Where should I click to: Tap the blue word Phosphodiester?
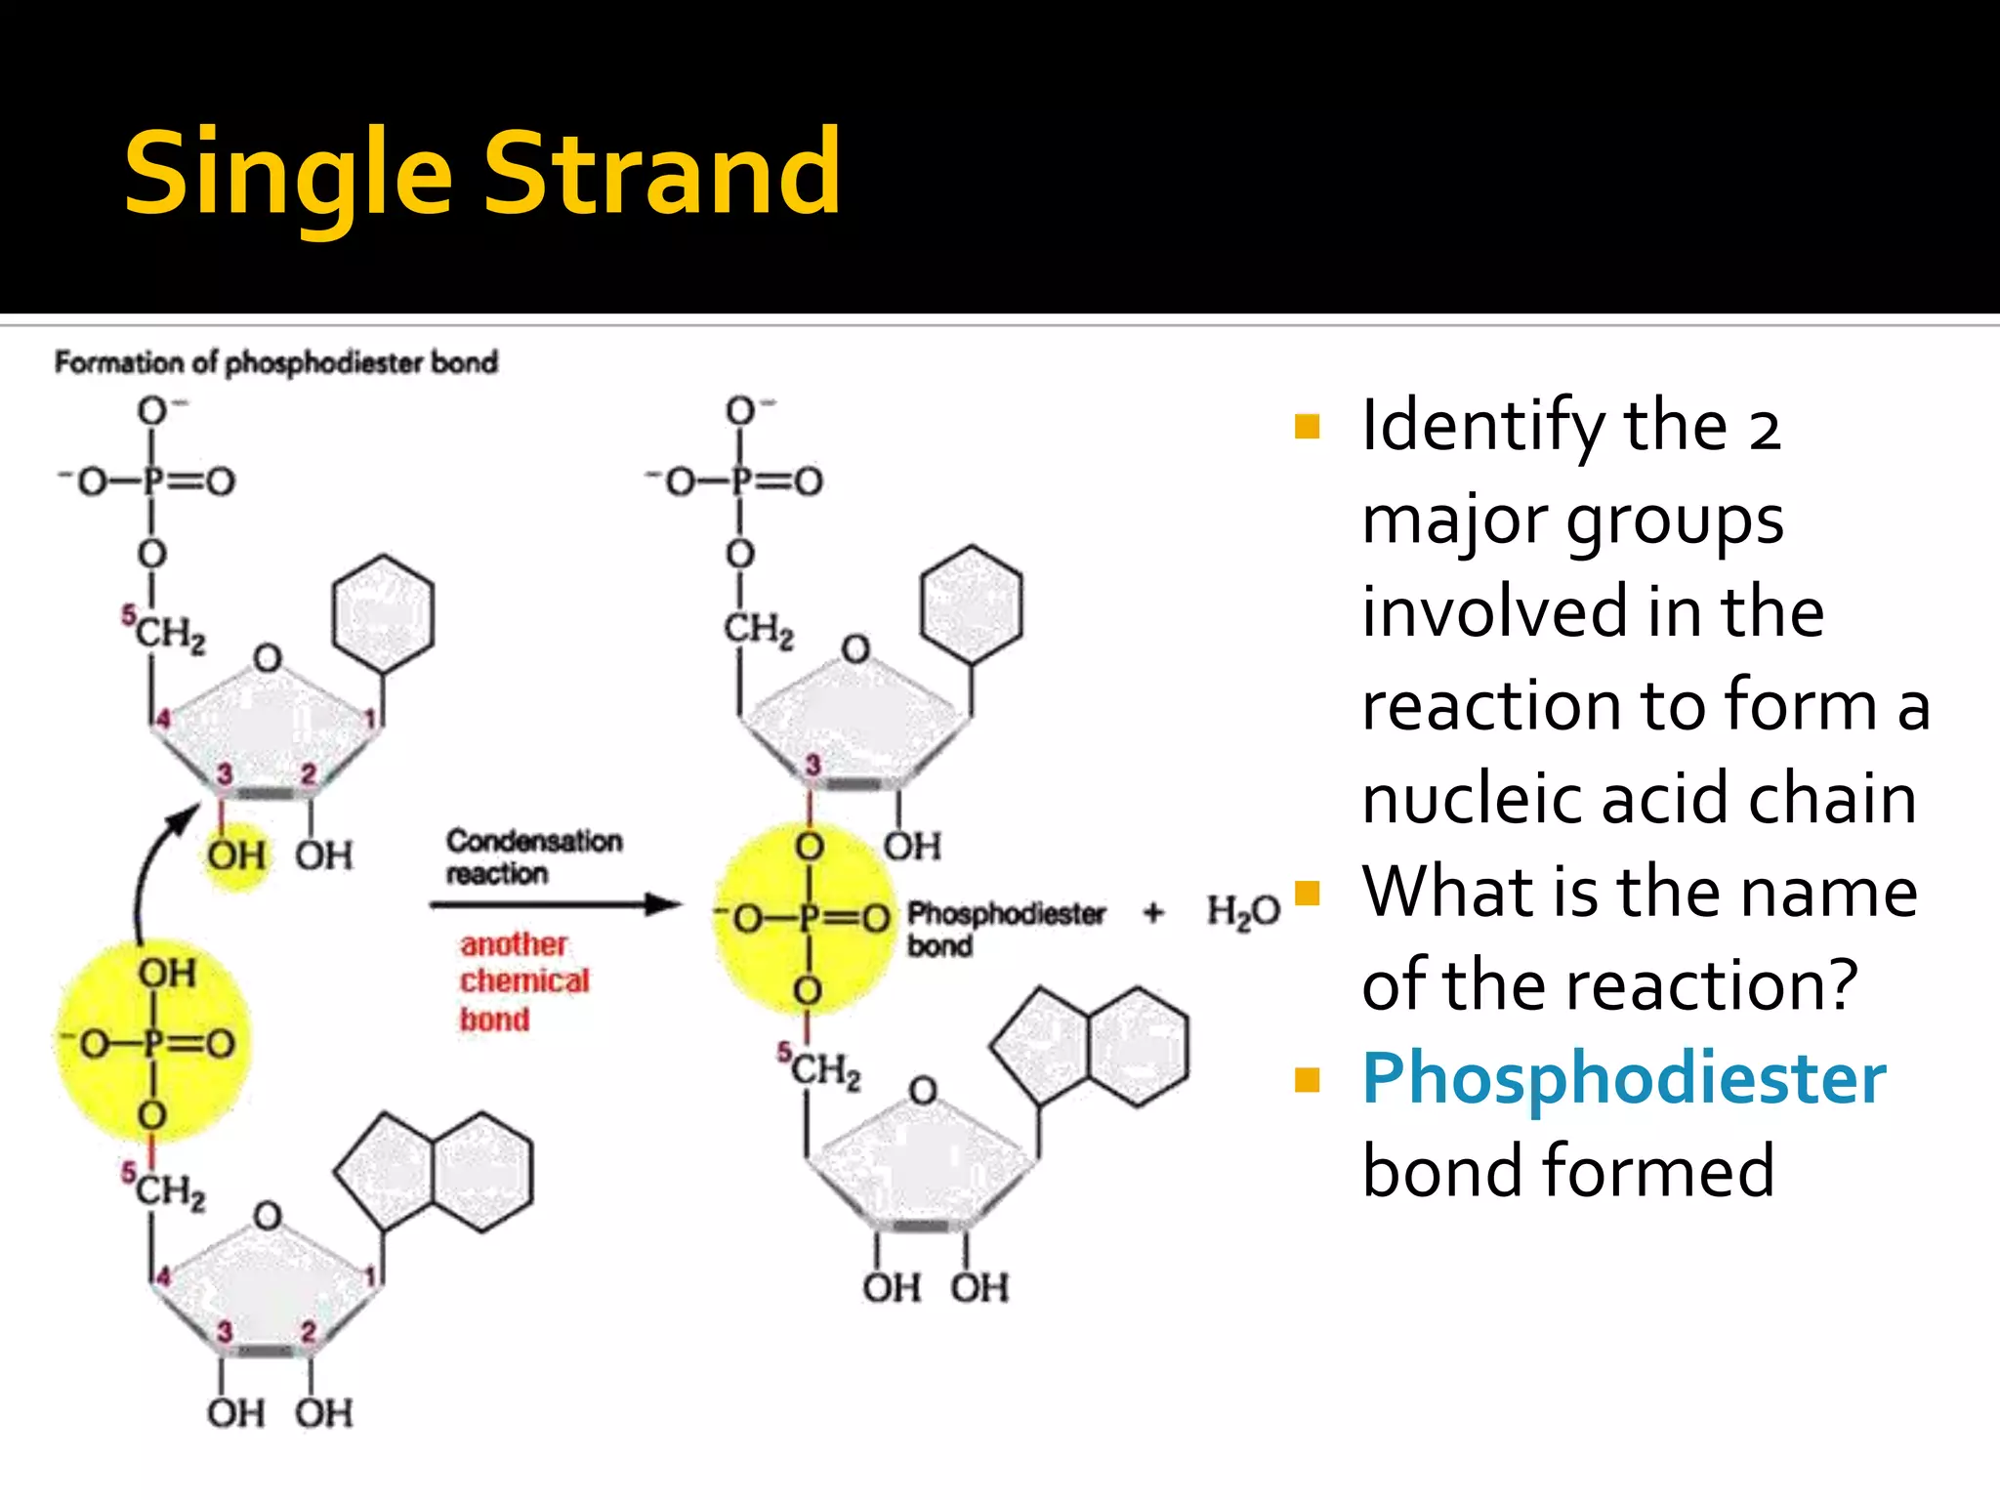tap(1623, 1080)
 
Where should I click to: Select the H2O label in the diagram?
tap(1242, 911)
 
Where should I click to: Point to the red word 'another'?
tap(514, 944)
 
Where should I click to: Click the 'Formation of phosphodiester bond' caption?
tap(276, 362)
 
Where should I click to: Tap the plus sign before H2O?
tap(1153, 912)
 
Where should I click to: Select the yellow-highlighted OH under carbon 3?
tap(235, 856)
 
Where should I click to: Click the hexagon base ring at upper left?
tap(383, 613)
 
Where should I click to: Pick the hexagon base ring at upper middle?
tap(972, 604)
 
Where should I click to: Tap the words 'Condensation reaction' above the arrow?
tap(533, 855)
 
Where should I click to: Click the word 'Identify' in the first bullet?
tap(1483, 426)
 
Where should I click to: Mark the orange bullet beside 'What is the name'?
tap(1307, 894)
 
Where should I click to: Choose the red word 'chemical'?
tap(524, 980)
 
